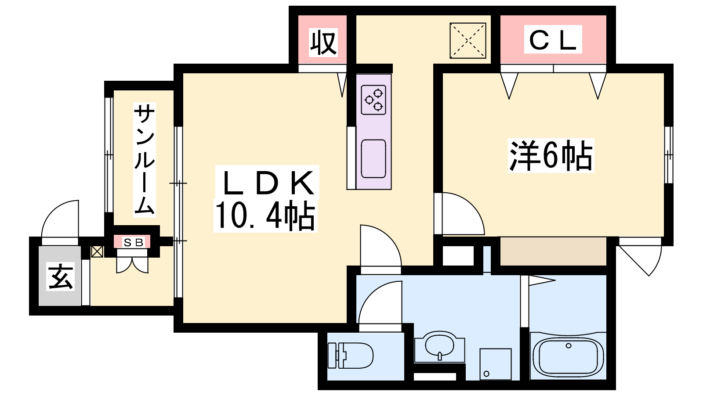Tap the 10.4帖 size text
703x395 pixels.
coord(265,215)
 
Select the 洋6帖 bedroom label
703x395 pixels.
coord(551,156)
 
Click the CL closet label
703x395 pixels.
coord(553,40)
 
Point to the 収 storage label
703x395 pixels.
coord(323,43)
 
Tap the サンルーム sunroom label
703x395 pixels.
coord(145,160)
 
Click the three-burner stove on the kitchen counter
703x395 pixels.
coord(373,100)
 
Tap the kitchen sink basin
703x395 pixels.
coord(373,158)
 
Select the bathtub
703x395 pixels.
coord(568,357)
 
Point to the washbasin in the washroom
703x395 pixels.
coord(440,347)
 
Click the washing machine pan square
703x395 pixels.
coord(496,364)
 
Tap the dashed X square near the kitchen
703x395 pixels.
coord(468,40)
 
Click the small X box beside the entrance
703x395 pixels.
coord(97,251)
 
